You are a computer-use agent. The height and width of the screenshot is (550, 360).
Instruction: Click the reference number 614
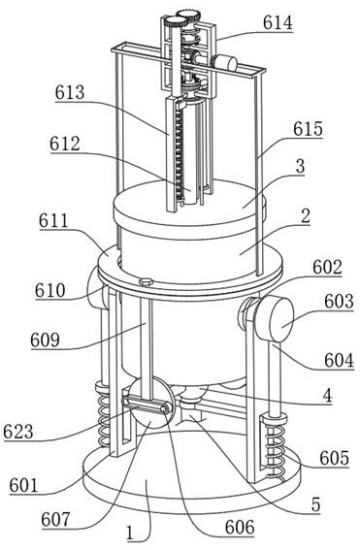click(x=278, y=23)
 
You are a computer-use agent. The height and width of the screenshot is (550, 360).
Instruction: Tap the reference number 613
click(x=70, y=92)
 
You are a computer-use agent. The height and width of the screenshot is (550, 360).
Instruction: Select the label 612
click(x=65, y=144)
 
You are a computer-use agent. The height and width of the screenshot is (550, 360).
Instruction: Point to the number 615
click(x=308, y=129)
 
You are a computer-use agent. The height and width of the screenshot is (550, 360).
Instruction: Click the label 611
click(x=53, y=220)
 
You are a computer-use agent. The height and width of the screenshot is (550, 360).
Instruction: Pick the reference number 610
click(x=50, y=290)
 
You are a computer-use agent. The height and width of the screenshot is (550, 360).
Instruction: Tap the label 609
click(x=46, y=340)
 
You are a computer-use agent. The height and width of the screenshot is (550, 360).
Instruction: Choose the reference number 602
click(x=327, y=268)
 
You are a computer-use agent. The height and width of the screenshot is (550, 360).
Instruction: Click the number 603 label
click(x=339, y=302)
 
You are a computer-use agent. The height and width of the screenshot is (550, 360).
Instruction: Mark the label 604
click(x=339, y=360)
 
